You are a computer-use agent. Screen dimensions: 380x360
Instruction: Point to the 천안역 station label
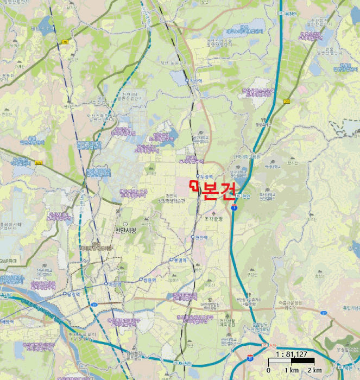click(x=200, y=237)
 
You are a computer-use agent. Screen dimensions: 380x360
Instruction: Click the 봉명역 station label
click(x=180, y=260)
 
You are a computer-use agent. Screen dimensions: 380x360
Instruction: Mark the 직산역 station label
click(x=196, y=80)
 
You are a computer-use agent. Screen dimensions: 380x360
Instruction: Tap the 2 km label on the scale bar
click(x=314, y=370)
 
